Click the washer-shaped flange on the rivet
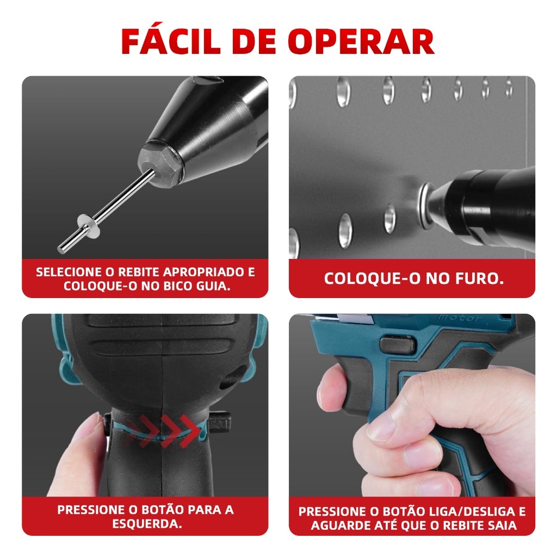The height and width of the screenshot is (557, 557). click(89, 226)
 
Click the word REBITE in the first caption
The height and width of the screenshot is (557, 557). click(139, 272)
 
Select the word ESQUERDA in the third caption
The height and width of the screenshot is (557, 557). click(147, 524)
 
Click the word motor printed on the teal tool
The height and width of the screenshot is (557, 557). click(460, 318)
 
